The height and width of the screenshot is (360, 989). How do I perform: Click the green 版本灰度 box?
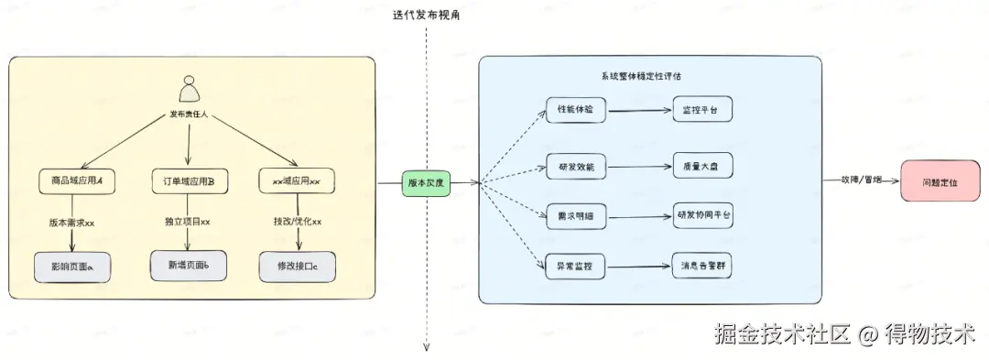click(x=425, y=182)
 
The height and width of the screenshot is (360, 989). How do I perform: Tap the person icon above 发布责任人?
click(x=190, y=88)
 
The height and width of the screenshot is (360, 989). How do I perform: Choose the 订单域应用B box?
click(x=189, y=181)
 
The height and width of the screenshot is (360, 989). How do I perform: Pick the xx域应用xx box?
click(x=296, y=181)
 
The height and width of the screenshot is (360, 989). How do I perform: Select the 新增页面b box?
click(x=188, y=264)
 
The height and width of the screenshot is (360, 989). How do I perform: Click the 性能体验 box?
click(x=576, y=109)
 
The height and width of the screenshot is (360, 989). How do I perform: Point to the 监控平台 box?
click(x=702, y=109)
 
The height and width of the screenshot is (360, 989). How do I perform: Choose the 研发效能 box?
click(x=576, y=166)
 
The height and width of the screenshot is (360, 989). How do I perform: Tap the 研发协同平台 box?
click(x=703, y=215)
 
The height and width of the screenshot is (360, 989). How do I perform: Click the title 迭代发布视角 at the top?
click(x=426, y=16)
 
